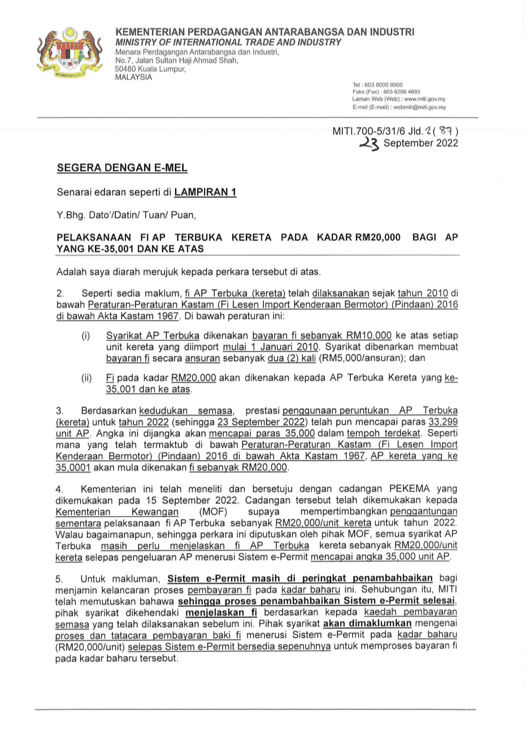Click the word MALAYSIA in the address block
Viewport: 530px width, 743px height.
click(133, 77)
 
